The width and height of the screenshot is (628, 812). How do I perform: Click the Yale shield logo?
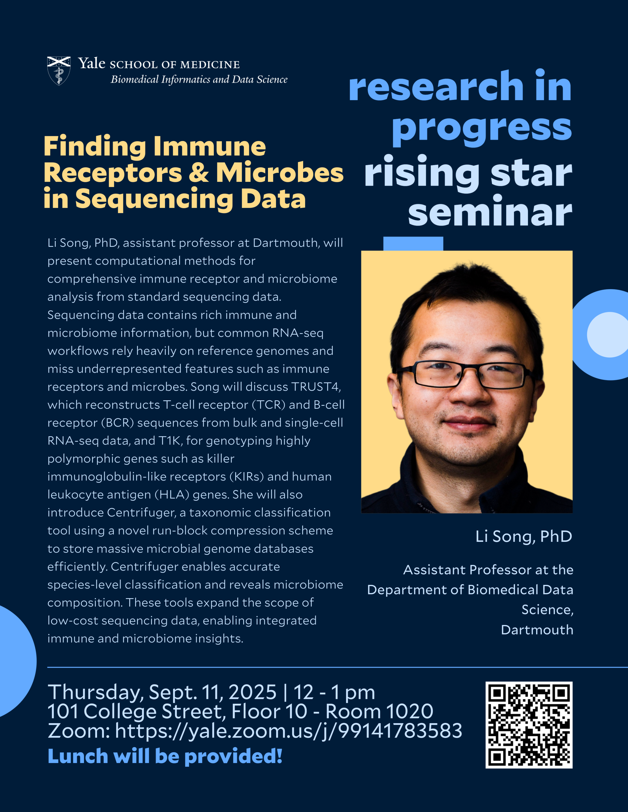pyautogui.click(x=59, y=71)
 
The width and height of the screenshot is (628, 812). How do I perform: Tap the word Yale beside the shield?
pyautogui.click(x=92, y=64)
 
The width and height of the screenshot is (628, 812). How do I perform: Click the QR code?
pyautogui.click(x=529, y=725)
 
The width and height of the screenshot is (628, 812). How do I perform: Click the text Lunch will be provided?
pyautogui.click(x=165, y=756)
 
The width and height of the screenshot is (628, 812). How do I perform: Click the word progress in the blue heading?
pyautogui.click(x=482, y=128)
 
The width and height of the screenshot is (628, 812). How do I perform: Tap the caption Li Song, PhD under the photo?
pyautogui.click(x=524, y=536)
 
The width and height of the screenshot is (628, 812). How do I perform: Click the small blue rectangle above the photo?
pyautogui.click(x=413, y=244)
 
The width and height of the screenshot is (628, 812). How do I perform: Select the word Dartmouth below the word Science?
pyautogui.click(x=537, y=630)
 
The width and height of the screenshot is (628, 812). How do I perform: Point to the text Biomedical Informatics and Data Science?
pyautogui.click(x=199, y=79)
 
